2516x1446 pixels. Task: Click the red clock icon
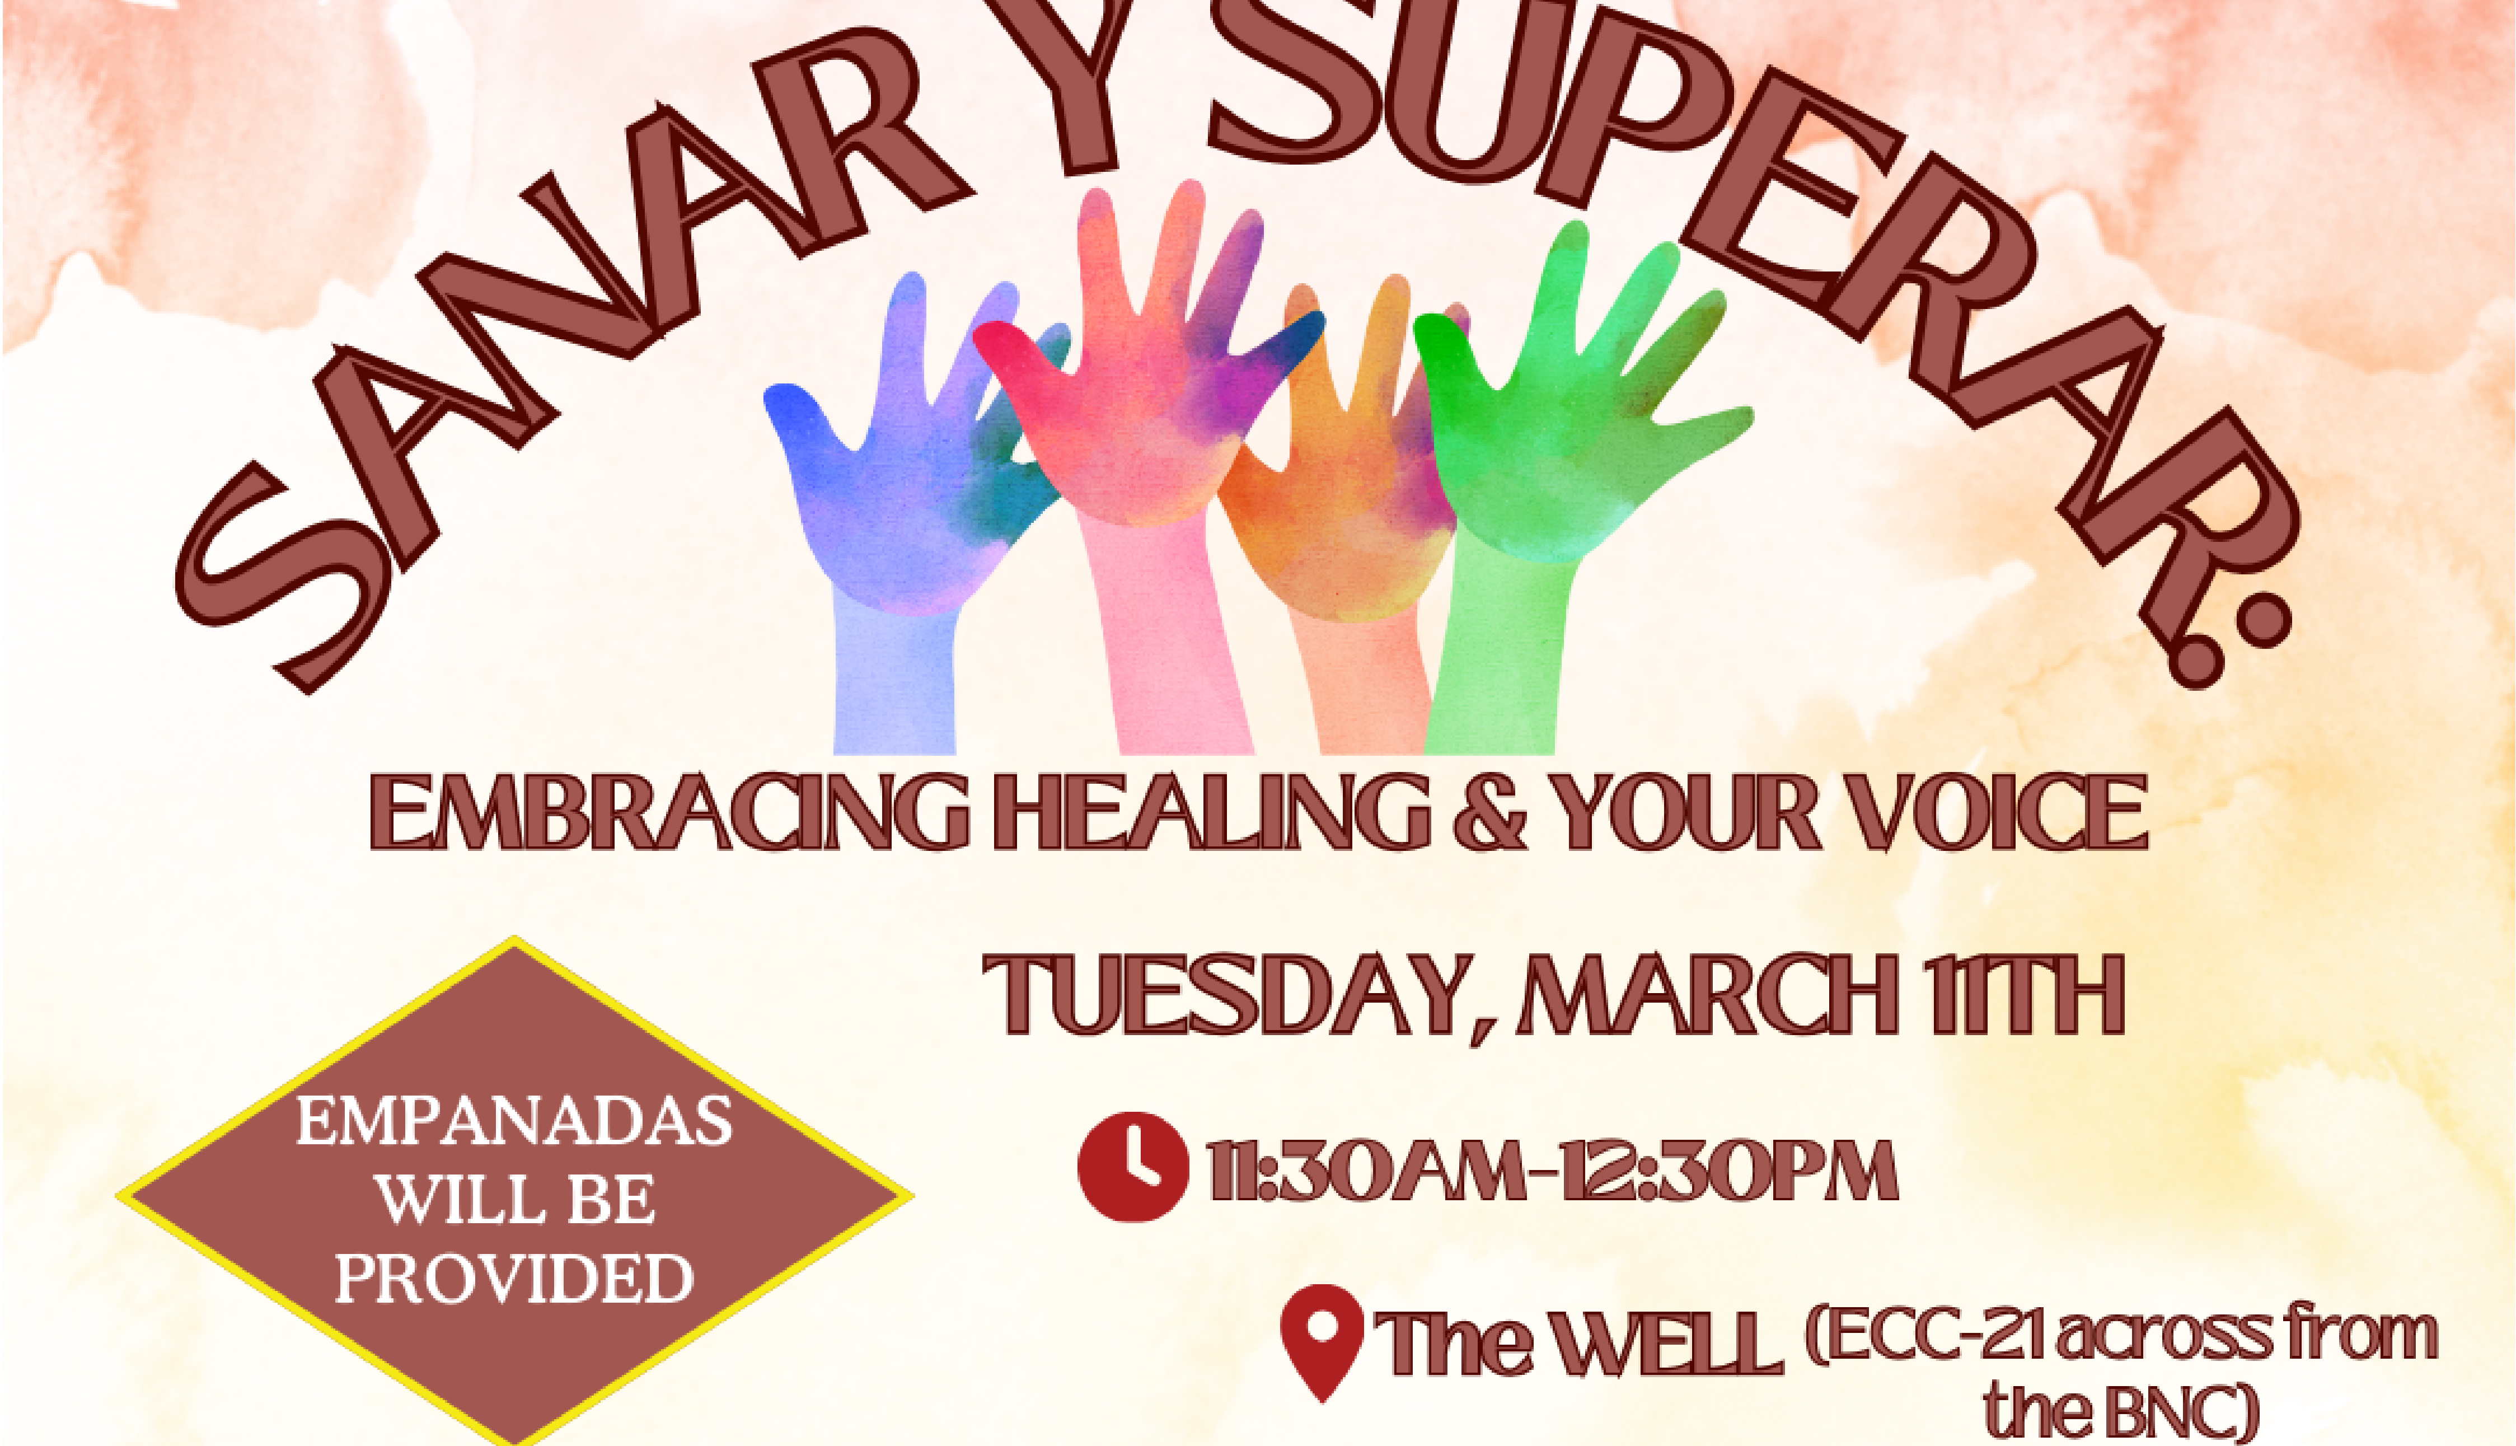point(1133,1166)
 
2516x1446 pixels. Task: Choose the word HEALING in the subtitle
point(1211,812)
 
